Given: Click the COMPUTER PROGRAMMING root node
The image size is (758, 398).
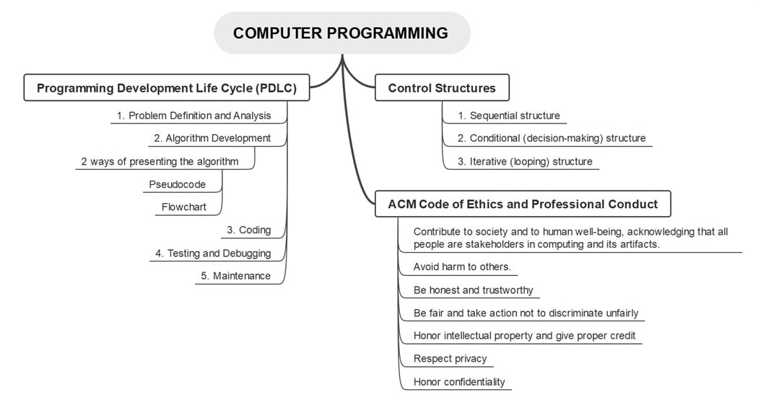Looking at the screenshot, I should [x=341, y=33].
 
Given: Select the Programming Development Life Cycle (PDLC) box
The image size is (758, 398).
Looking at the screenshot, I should [x=167, y=88].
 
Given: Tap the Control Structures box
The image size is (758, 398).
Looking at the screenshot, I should [x=442, y=88].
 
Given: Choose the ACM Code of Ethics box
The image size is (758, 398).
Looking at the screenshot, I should [x=523, y=204].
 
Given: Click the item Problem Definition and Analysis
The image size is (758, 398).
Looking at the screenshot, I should [x=193, y=116].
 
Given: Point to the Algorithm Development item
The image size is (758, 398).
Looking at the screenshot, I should [x=212, y=138].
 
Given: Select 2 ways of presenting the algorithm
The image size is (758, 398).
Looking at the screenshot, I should [x=160, y=161].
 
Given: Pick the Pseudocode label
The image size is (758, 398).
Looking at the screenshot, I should [x=178, y=184].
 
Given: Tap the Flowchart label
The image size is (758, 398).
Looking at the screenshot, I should [x=184, y=207].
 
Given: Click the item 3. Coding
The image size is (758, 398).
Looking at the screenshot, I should [x=248, y=230].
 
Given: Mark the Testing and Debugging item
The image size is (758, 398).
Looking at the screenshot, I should [x=212, y=254].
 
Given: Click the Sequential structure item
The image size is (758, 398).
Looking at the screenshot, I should [x=508, y=116].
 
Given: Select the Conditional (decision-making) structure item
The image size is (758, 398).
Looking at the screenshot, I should [x=552, y=138].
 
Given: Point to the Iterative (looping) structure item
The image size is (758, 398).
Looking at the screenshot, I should [x=525, y=162].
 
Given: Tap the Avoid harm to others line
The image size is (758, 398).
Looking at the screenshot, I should [x=462, y=267].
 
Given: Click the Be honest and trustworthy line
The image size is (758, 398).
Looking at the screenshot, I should [x=473, y=290].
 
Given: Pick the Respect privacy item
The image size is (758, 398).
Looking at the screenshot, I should [x=450, y=359].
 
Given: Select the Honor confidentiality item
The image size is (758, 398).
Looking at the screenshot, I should [x=459, y=382].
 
